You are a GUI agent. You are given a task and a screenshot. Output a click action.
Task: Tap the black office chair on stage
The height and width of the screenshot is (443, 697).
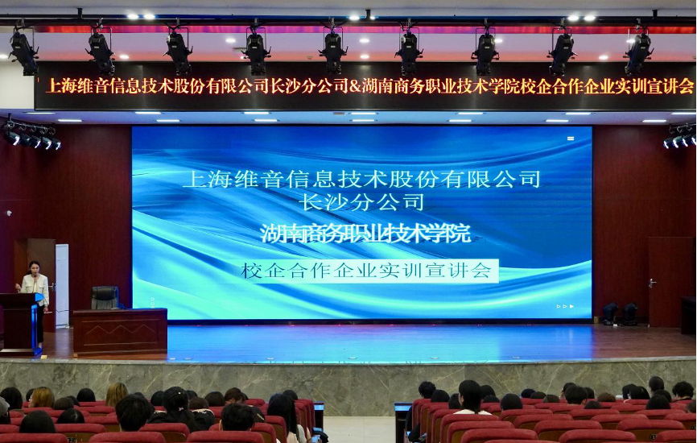pyautogui.click(x=105, y=297)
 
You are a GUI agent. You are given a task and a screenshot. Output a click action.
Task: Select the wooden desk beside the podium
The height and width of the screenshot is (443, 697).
pyautogui.click(x=120, y=331)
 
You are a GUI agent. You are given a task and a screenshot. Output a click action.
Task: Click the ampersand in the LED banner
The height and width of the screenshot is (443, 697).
pyautogui.click(x=355, y=86)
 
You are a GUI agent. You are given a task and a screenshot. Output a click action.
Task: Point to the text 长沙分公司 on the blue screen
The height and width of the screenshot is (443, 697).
pyautogui.click(x=363, y=202)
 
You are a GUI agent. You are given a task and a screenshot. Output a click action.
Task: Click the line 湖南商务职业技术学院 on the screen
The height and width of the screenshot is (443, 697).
pyautogui.click(x=365, y=234)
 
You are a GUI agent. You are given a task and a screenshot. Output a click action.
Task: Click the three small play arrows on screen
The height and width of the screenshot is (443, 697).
pyautogui.click(x=565, y=306)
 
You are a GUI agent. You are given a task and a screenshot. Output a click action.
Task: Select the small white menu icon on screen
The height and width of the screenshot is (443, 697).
pyautogui.click(x=571, y=139)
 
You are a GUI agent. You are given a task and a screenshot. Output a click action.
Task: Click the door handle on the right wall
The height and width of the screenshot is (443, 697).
pyautogui.click(x=652, y=283)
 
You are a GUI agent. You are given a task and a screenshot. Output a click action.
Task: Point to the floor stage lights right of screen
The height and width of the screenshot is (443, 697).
pyautogui.click(x=620, y=313)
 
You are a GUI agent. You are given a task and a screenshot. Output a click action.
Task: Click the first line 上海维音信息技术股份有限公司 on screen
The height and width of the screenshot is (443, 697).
pyautogui.click(x=362, y=180)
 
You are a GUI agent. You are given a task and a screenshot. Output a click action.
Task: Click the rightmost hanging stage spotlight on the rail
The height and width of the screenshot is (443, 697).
pyautogui.click(x=638, y=51)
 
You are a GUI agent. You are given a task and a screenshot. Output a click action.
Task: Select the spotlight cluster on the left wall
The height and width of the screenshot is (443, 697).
pyautogui.click(x=31, y=136)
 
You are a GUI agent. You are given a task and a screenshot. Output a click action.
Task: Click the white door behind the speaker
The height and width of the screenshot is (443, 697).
pyautogui.click(x=62, y=284)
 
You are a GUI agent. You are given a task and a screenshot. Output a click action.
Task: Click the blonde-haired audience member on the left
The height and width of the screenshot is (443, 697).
pyautogui.click(x=116, y=394)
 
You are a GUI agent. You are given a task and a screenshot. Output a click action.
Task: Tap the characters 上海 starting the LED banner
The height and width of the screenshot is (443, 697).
pyautogui.click(x=61, y=86)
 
